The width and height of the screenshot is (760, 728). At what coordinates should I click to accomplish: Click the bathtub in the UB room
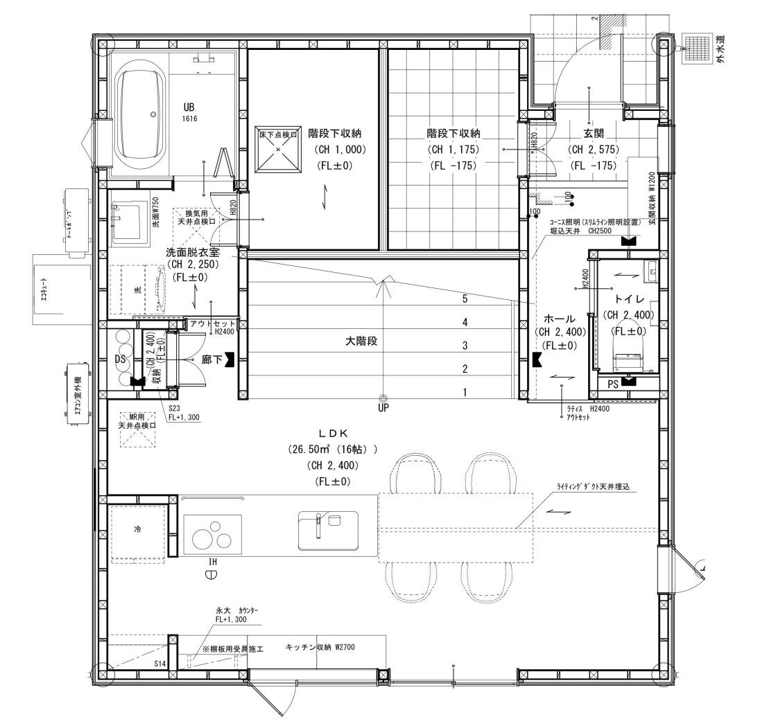pos(141,115)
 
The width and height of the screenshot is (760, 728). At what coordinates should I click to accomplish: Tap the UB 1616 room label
pos(189,112)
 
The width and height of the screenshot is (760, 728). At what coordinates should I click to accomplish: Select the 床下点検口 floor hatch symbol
pos(278,149)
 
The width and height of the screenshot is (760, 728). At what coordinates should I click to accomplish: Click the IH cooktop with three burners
pos(212,535)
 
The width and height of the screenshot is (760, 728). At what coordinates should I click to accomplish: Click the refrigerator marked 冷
pos(137,530)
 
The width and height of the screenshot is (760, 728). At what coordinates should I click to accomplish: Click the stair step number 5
pos(465,300)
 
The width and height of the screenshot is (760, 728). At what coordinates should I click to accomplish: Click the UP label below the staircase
pos(383,408)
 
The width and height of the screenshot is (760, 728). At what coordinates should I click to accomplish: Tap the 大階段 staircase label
pos(361,341)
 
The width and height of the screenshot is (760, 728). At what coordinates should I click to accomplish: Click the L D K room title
pos(333,433)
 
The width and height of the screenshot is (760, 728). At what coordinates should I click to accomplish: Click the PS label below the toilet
pos(613,383)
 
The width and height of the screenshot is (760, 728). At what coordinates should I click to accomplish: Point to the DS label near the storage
pos(119,359)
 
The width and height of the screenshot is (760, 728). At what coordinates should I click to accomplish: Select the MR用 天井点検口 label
pos(136,421)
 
